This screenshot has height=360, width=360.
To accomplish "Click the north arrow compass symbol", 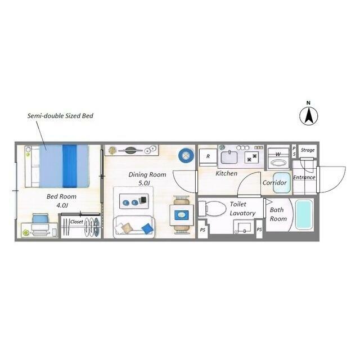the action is tap(309, 116).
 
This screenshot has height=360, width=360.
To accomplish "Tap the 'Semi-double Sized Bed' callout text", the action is tap(60, 116).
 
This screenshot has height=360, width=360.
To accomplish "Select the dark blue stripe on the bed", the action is tap(70, 166).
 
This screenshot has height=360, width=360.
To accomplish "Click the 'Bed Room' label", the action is tap(61, 196).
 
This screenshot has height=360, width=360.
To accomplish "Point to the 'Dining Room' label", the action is tap(147, 175).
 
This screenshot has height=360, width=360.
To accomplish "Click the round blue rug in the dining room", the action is tap(186, 155).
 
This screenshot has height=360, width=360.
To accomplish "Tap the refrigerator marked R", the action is tap(208, 157).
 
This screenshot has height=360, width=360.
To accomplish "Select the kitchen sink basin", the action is tap(229, 157).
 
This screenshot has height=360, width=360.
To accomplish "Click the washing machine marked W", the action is tap(278, 158).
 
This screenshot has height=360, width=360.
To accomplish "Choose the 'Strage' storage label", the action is tap(308, 150).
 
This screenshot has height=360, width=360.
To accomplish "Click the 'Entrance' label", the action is tap(304, 177).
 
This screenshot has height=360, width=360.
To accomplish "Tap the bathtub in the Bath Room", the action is tap(304, 214).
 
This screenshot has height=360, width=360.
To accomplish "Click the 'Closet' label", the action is tap(76, 222).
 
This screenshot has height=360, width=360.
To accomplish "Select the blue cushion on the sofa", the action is tap(147, 229).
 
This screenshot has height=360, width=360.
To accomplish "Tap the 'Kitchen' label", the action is tap(226, 173).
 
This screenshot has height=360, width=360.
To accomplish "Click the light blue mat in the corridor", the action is tap(282, 182).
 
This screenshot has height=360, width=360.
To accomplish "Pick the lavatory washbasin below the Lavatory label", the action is tap(244, 227).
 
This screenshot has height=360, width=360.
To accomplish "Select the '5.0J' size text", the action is tap(144, 183).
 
